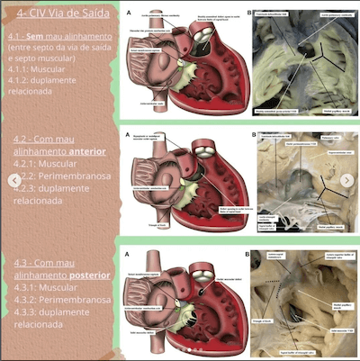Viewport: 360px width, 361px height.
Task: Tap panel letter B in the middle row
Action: (252, 134)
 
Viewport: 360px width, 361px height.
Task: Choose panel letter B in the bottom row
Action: (252, 255)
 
